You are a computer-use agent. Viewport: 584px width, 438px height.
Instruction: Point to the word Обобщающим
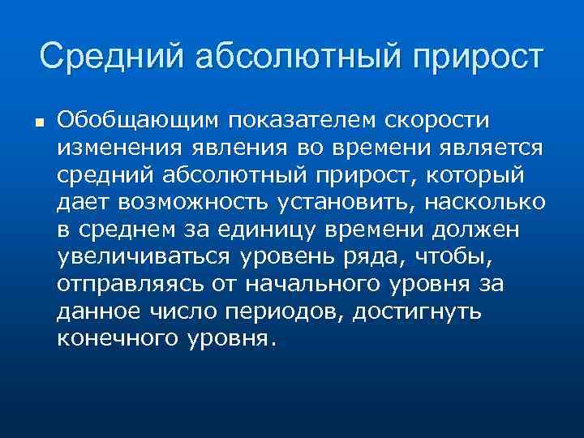138,121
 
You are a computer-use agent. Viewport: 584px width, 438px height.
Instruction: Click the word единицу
268,230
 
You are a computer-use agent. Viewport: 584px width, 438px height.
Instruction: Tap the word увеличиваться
146,257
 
